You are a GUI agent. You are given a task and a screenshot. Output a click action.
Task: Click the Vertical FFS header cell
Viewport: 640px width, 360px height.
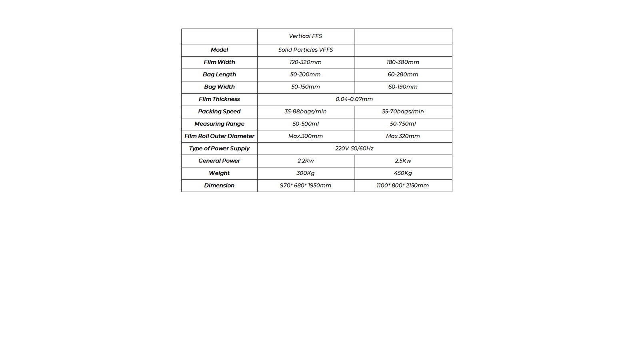point(306,36)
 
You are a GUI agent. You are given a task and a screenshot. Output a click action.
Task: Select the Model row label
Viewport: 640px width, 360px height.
point(219,50)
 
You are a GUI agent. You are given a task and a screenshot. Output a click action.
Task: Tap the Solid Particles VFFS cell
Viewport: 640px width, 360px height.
point(306,50)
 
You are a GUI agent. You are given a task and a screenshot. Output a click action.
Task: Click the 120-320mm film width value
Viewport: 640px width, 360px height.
point(306,62)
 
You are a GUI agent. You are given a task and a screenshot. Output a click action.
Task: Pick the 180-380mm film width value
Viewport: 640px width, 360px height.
point(403,62)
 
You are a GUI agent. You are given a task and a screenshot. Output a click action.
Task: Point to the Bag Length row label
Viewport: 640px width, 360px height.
point(219,74)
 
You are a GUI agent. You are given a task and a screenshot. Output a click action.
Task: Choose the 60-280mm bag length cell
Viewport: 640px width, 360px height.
point(403,74)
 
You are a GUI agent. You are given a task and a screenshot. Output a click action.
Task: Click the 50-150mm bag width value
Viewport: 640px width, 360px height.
point(306,87)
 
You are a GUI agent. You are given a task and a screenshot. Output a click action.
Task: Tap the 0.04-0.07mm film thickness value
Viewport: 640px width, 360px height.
point(354,99)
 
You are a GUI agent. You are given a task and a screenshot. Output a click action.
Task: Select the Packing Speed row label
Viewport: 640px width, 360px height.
point(219,112)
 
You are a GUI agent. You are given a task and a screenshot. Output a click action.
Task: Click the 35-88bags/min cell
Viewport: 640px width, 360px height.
point(306,112)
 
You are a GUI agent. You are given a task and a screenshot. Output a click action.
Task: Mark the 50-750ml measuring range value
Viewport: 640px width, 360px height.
point(403,124)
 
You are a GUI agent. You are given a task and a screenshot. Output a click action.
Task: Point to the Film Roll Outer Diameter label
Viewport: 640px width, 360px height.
point(219,136)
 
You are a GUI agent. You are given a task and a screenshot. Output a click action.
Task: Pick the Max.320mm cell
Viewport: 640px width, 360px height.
point(403,136)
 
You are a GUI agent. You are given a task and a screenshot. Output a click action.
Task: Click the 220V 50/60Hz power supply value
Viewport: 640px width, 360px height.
point(354,148)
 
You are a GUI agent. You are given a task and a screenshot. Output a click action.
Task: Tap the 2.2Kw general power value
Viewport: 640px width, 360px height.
point(306,161)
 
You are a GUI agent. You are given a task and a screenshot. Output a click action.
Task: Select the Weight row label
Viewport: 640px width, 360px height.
point(219,173)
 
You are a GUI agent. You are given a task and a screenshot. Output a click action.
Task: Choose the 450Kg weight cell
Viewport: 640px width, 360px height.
point(403,173)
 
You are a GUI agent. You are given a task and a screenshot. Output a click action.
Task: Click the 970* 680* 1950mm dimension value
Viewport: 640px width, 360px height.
point(306,186)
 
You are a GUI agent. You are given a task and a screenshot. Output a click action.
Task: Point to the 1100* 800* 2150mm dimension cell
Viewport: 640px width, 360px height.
point(403,186)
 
